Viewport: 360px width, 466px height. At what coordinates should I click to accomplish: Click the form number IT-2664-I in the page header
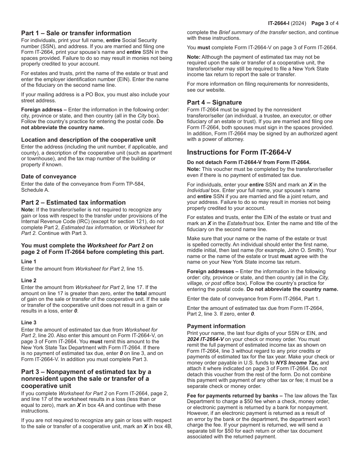pos(282,23)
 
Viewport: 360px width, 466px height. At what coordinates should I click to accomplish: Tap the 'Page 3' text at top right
pos(319,23)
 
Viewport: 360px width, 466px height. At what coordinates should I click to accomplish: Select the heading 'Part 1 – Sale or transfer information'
pos(76,33)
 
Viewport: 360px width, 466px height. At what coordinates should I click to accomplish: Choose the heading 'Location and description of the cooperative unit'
pos(88,140)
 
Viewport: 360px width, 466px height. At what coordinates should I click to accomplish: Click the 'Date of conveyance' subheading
pos(49,177)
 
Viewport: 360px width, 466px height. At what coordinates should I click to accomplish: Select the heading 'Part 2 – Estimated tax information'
pos(73,202)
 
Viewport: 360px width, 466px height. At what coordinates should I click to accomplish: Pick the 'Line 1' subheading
pos(29,262)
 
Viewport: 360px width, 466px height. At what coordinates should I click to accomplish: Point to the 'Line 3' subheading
pos(29,322)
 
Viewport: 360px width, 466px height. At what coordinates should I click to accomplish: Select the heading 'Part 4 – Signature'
pos(214,102)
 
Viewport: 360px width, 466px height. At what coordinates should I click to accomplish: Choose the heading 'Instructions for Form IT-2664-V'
pos(239,152)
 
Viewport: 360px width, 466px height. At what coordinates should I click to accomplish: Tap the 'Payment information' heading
pos(216,326)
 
